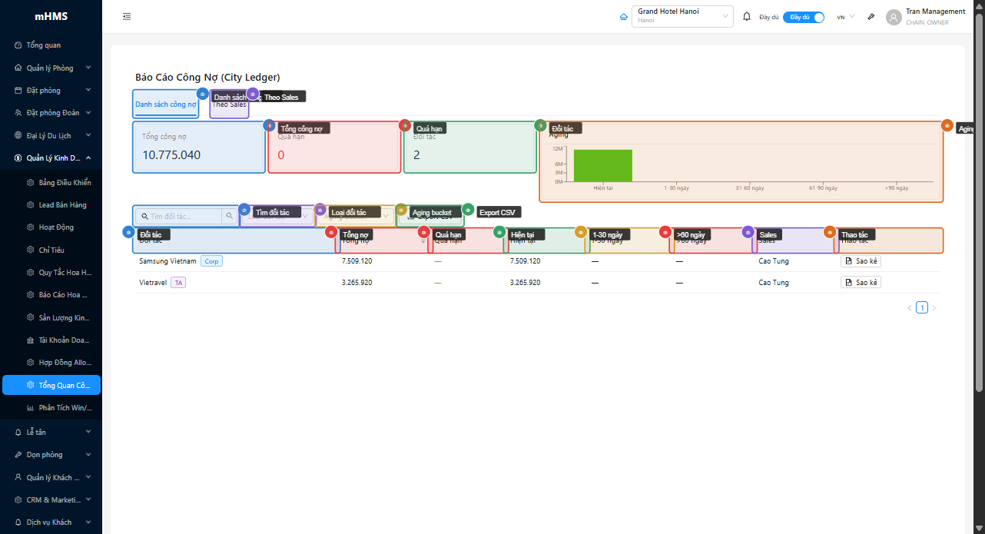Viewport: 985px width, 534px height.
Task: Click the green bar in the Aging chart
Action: pos(603,165)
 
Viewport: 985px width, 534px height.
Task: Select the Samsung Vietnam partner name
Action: pos(167,261)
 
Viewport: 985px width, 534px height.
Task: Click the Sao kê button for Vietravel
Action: pos(861,283)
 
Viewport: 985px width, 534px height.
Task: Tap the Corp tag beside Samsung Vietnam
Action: pos(211,261)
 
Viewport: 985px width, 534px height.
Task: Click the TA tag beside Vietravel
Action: pos(178,283)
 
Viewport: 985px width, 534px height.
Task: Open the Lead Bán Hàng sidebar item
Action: pos(62,205)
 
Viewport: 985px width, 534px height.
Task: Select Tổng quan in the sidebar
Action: pos(43,45)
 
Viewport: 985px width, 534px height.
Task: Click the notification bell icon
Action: pos(747,17)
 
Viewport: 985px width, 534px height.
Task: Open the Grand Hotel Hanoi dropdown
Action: pos(682,16)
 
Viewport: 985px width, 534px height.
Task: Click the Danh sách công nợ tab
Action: pos(166,104)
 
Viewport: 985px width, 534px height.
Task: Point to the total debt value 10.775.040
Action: pos(171,155)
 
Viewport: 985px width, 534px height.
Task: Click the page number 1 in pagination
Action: pos(922,308)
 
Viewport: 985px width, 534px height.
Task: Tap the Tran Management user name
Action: pos(935,12)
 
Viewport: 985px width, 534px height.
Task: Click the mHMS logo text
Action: pos(51,16)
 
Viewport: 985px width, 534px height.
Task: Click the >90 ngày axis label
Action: pos(896,188)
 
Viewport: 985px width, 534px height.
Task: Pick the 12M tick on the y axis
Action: pos(559,148)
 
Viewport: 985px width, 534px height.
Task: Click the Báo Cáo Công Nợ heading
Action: pos(207,77)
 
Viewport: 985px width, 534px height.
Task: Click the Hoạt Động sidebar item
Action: pos(56,227)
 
